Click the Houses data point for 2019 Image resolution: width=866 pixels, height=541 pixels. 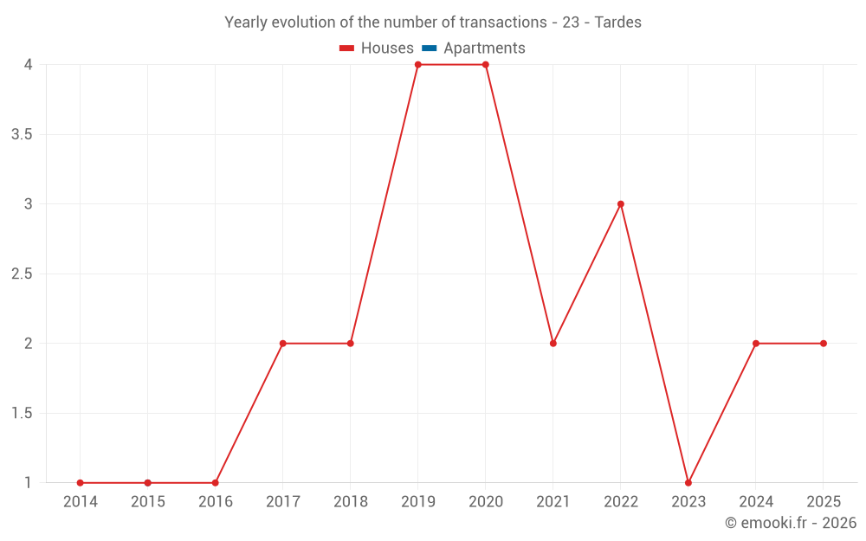click(418, 65)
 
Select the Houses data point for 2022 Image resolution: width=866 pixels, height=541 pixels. click(621, 204)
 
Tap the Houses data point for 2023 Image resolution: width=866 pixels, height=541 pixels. click(688, 483)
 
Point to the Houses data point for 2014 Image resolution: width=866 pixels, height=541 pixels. click(81, 483)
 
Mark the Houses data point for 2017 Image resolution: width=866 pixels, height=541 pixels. click(283, 344)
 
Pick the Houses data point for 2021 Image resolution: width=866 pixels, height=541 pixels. click(553, 344)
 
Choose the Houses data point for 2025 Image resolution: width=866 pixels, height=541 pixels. click(824, 344)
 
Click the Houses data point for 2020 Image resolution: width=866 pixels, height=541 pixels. click(486, 65)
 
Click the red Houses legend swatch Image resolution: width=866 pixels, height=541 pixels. click(347, 48)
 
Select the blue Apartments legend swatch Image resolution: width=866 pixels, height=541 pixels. click(429, 48)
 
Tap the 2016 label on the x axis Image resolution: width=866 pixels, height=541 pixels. click(216, 502)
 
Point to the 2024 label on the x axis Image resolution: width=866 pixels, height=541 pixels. click(756, 502)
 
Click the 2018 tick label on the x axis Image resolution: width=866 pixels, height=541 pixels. click(351, 502)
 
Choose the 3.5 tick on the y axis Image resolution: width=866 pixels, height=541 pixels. click(23, 135)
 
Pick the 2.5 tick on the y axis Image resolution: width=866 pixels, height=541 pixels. click(23, 274)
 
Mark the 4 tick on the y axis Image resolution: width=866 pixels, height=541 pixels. click(29, 65)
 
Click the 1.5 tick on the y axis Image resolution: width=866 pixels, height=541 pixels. click(23, 414)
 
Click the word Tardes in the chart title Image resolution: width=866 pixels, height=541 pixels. click(617, 23)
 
